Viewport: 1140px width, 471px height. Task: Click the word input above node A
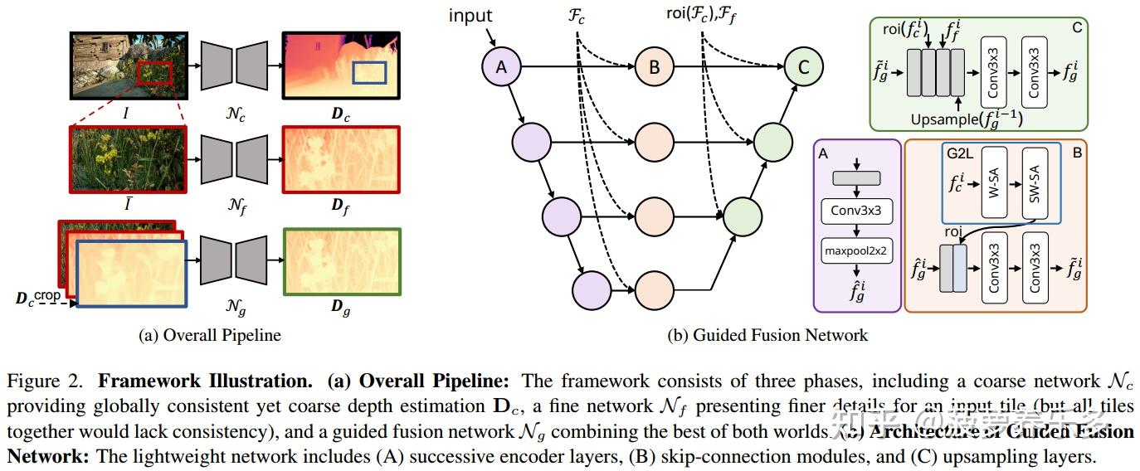tap(470, 15)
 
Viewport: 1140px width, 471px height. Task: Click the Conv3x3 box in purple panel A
tap(856, 211)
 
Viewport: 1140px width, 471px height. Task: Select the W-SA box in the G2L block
tap(994, 184)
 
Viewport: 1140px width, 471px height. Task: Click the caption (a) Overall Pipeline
tap(209, 335)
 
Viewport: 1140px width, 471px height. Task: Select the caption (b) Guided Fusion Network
tap(767, 335)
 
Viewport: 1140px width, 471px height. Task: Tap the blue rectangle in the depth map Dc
tap(368, 71)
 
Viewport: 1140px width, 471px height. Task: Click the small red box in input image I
tap(155, 73)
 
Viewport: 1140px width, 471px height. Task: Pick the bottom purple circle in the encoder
tap(591, 289)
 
